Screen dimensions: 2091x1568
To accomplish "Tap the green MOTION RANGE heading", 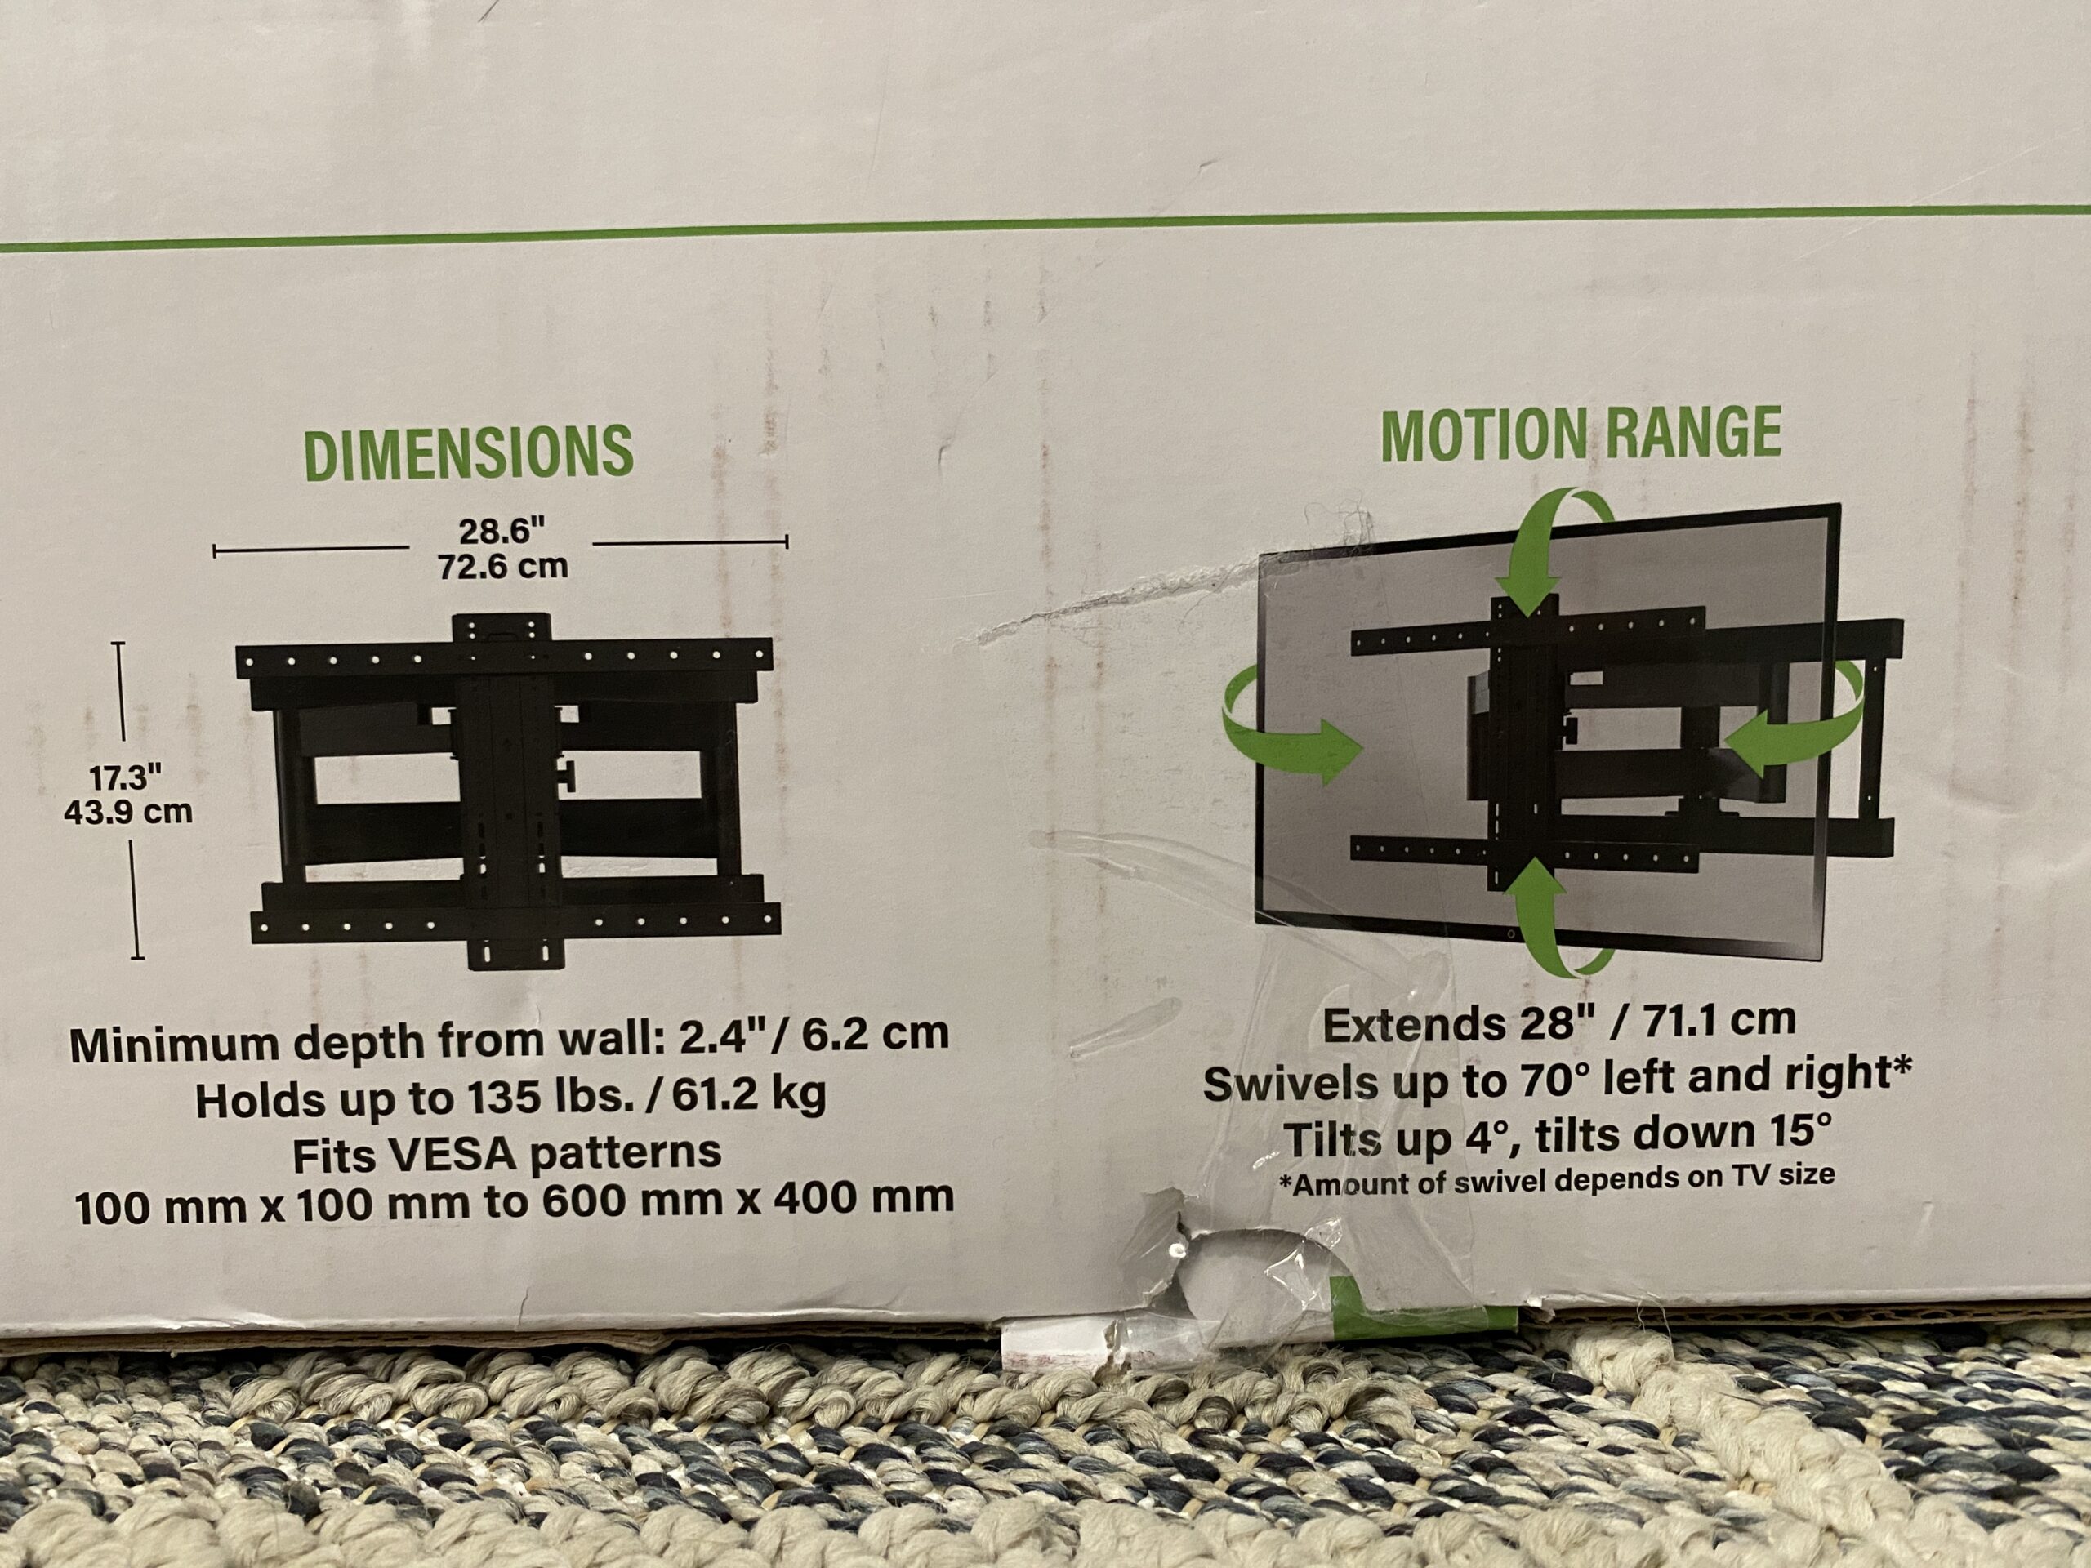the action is point(1581,434).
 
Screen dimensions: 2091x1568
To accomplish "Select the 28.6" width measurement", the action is point(502,531).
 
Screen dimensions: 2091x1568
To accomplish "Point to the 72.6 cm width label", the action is point(503,566).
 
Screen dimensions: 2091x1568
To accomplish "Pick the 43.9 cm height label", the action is point(127,812).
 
